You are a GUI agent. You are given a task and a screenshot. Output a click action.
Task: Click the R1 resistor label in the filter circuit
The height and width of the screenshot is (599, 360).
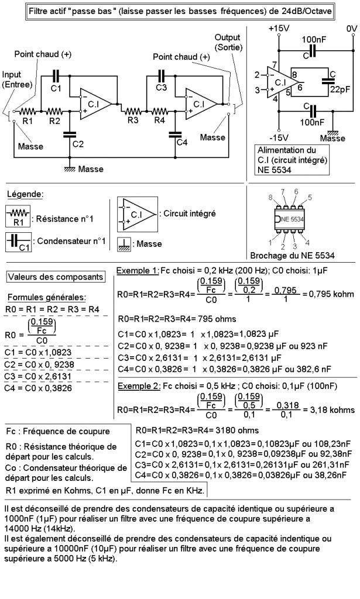pyautogui.click(x=28, y=121)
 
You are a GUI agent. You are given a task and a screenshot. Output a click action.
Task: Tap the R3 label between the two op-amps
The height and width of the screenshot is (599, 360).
pyautogui.click(x=133, y=121)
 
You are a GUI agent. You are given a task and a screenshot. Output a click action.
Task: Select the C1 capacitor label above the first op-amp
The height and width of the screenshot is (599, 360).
pyautogui.click(x=56, y=88)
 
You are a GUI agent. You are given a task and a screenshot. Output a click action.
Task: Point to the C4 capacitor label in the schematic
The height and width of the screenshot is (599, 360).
pyautogui.click(x=182, y=143)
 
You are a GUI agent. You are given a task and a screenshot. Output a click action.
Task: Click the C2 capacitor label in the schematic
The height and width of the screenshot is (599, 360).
pyautogui.click(x=78, y=144)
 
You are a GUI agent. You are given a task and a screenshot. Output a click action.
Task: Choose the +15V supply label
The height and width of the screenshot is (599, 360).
pyautogui.click(x=278, y=29)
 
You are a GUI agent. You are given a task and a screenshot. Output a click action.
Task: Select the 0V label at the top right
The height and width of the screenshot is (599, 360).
pyautogui.click(x=351, y=29)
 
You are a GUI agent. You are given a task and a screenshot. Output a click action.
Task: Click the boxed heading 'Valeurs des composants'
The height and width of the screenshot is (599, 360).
pyautogui.click(x=56, y=277)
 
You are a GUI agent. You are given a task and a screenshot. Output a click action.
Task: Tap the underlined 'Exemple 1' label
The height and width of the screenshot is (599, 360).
pyautogui.click(x=138, y=271)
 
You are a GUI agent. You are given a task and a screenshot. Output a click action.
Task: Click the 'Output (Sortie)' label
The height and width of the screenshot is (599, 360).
pyautogui.click(x=227, y=42)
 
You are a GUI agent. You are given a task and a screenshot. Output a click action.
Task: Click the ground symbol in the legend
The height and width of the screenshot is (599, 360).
pyautogui.click(x=124, y=244)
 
